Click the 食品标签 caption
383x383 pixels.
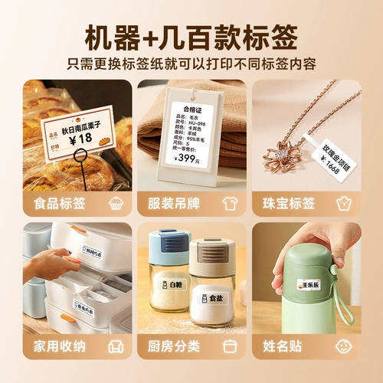60,204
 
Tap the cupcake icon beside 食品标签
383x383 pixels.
116,204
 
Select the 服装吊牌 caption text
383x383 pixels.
174,204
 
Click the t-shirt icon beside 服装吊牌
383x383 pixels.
230,204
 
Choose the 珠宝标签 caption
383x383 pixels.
289,204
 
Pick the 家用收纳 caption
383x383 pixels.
60,346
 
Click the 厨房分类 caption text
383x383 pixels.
174,346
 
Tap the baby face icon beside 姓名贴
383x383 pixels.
345,346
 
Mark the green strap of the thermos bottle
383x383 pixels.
355,317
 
